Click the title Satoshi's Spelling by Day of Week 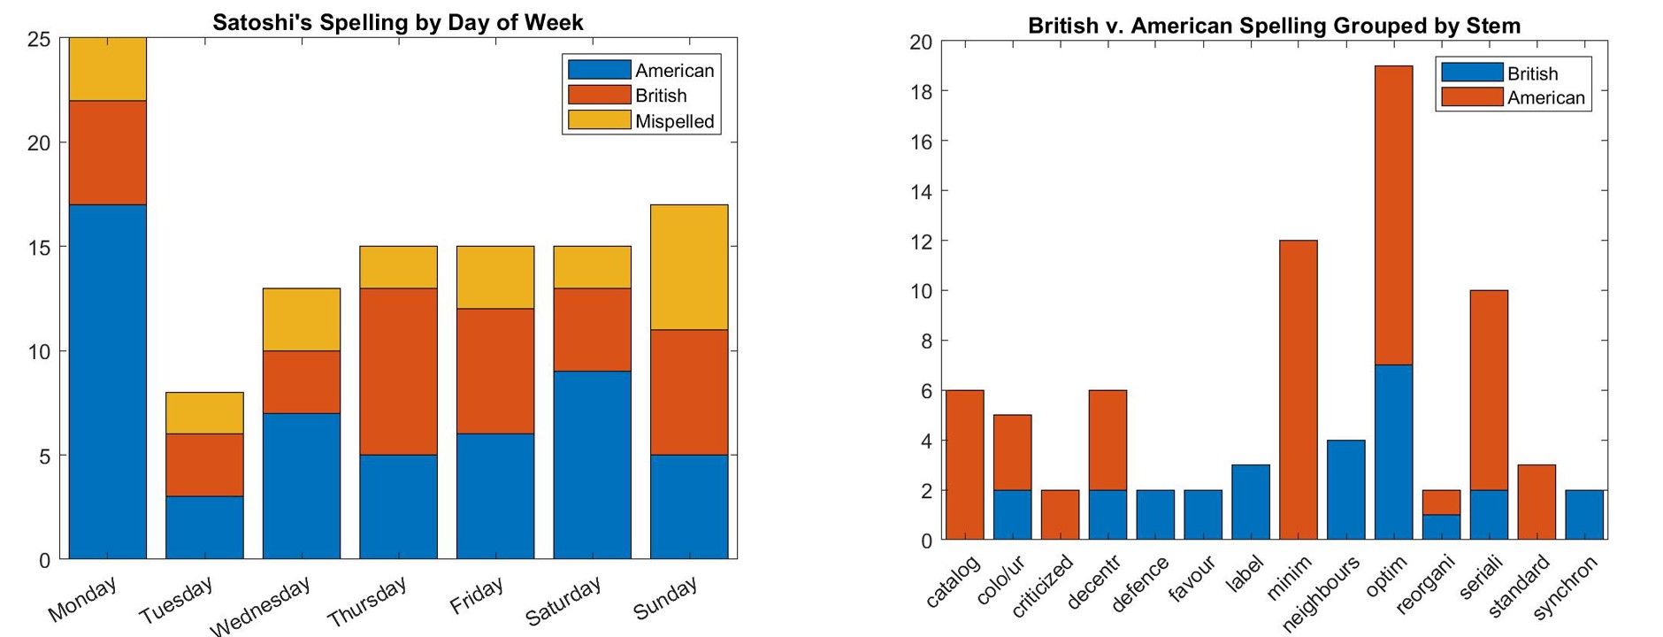tap(397, 22)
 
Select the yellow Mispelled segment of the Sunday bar tap(689, 267)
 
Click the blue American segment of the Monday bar tap(108, 381)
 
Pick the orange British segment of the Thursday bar tap(398, 372)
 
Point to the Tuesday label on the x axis tap(176, 599)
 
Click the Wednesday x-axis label tap(262, 605)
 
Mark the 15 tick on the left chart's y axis tap(42, 247)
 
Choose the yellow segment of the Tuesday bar tap(204, 413)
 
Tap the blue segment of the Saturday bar tap(592, 464)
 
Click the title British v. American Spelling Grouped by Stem tap(1274, 26)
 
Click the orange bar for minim tap(1298, 389)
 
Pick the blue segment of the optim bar tap(1393, 452)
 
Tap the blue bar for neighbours tap(1345, 489)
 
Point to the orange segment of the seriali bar tap(1489, 390)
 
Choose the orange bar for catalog tap(964, 464)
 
